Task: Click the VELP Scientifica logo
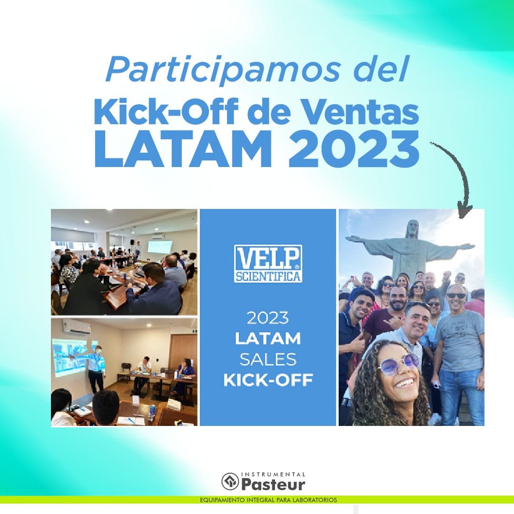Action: [268, 264]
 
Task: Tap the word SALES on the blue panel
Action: [268, 359]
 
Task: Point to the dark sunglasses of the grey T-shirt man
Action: [456, 296]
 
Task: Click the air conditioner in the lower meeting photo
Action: [77, 326]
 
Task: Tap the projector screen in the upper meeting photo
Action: [160, 247]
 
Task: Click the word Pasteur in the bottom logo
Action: [273, 484]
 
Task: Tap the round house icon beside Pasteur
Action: [230, 482]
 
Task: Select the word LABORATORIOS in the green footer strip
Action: [315, 500]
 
